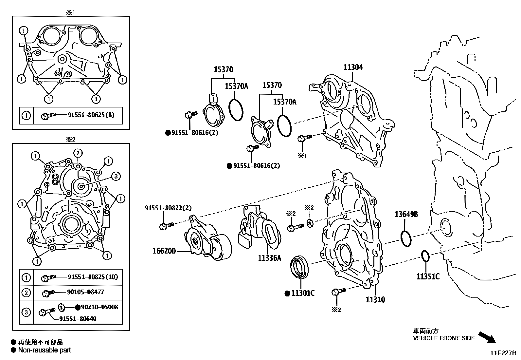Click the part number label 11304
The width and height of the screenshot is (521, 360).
353,67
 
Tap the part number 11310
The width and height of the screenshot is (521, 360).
375,299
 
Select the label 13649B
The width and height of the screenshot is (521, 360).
406,214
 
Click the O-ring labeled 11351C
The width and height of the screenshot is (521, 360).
424,256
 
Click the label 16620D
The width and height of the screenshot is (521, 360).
164,251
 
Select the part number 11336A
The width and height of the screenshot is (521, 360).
269,258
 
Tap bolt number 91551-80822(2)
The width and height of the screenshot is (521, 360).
169,208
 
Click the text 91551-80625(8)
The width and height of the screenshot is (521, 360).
91,115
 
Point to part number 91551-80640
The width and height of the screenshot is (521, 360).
78,319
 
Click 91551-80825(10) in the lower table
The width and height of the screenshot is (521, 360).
93,277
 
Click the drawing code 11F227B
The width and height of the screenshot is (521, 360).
503,353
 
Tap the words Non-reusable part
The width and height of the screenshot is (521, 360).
45,350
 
